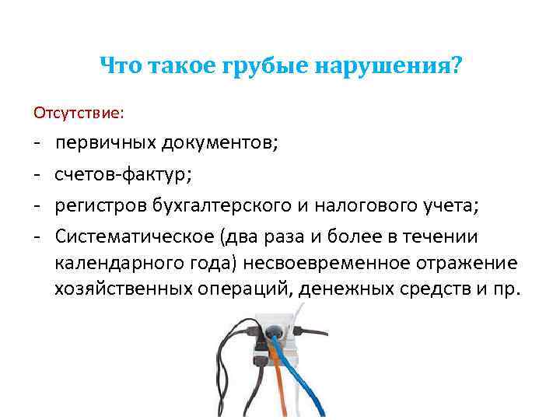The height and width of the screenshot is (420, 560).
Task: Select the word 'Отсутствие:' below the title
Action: (x=78, y=114)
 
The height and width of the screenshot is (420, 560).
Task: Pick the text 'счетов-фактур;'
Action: (x=122, y=174)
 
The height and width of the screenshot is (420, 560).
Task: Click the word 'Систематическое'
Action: (x=135, y=236)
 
